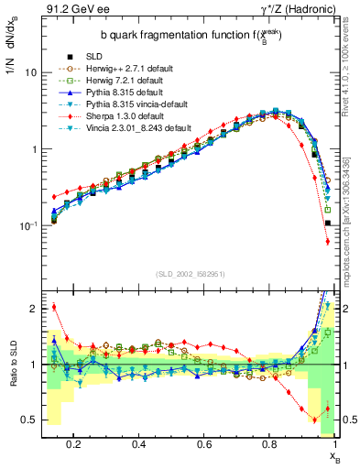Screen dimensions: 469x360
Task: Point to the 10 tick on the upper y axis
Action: [29, 72]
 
